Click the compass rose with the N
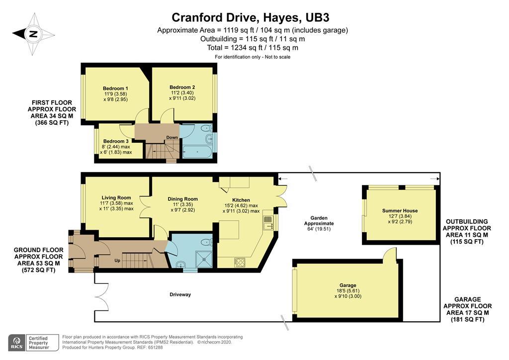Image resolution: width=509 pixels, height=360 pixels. point(33,34)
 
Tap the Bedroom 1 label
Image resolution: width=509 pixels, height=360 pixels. point(115,89)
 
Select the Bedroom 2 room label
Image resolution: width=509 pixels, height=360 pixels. point(182,87)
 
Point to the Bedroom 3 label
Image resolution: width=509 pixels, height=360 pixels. point(116,141)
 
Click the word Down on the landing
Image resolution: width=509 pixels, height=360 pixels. point(172,138)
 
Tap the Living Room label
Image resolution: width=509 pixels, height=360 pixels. point(116,197)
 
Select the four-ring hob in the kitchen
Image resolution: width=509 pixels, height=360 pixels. point(239,261)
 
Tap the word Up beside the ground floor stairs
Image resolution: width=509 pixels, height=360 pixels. point(117,260)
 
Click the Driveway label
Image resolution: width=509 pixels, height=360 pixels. point(180,294)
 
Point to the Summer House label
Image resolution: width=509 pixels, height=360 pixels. point(399,211)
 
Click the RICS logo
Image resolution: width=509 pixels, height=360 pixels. point(17,343)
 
